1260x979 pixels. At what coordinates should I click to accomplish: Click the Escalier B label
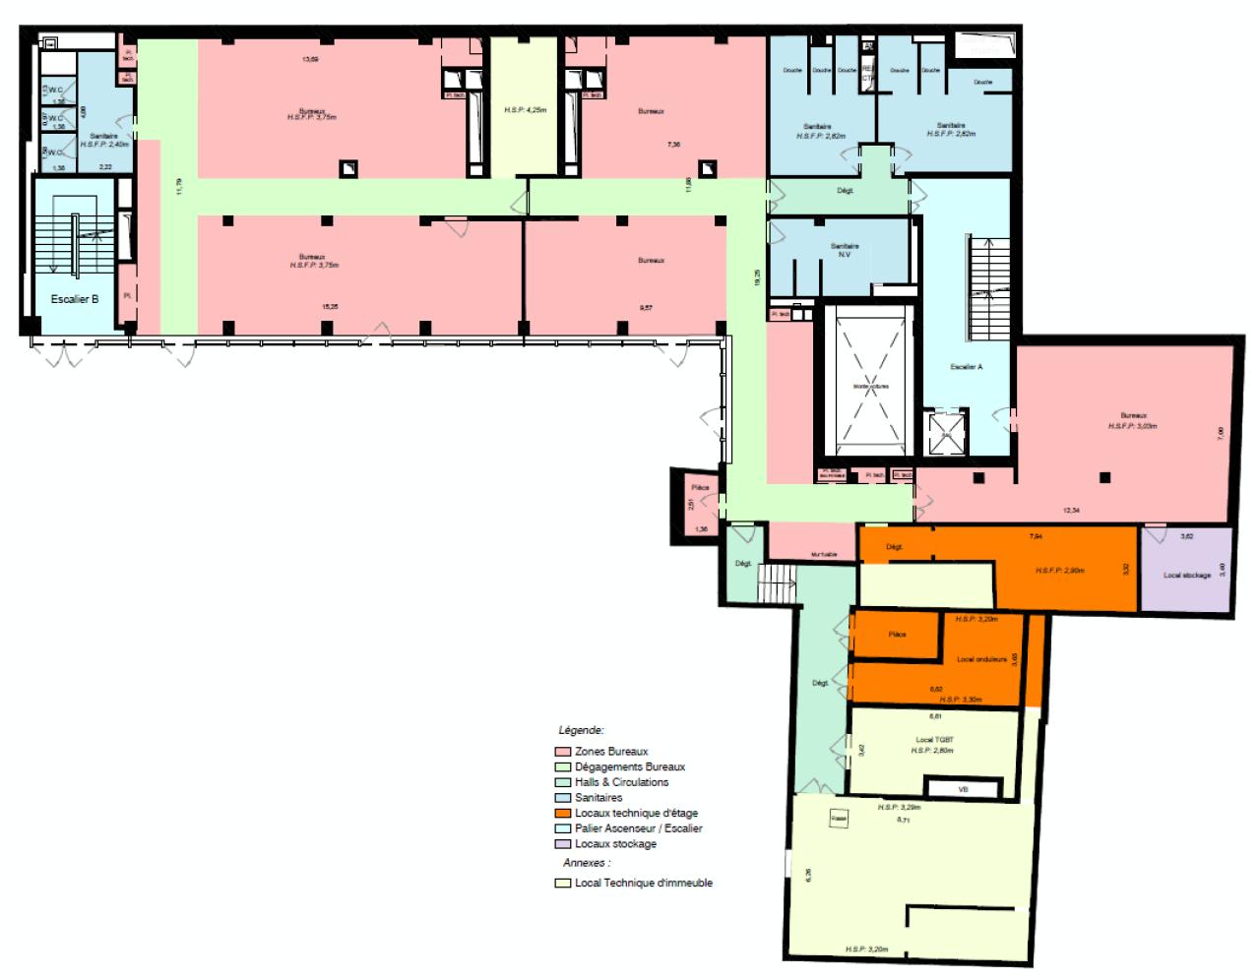coord(75,299)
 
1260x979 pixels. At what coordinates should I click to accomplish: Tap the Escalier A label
coord(966,367)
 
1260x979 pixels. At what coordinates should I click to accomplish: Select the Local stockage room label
coord(1186,575)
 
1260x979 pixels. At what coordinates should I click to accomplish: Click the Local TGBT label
coord(934,739)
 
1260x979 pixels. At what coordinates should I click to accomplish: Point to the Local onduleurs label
coord(981,659)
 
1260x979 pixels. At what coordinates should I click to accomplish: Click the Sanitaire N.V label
coord(845,250)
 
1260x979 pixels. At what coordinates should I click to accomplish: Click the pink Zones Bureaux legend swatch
coord(563,752)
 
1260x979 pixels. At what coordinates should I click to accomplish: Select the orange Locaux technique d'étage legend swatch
coord(563,814)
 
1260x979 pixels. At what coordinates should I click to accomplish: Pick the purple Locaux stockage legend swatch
coord(563,844)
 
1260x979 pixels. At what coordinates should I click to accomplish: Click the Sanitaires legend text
coord(598,798)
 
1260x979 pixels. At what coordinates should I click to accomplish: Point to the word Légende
coord(581,731)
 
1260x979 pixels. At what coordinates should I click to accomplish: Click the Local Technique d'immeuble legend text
coord(643,884)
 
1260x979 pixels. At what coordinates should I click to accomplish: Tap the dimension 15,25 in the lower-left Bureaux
coord(331,306)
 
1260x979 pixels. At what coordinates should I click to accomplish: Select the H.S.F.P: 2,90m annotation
coord(1059,571)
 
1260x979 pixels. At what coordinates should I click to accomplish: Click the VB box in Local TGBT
coord(963,789)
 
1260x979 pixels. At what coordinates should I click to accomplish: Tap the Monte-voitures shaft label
coord(870,387)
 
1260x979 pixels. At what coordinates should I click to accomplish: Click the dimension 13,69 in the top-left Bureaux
coord(310,60)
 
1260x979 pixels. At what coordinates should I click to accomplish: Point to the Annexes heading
coord(587,863)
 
